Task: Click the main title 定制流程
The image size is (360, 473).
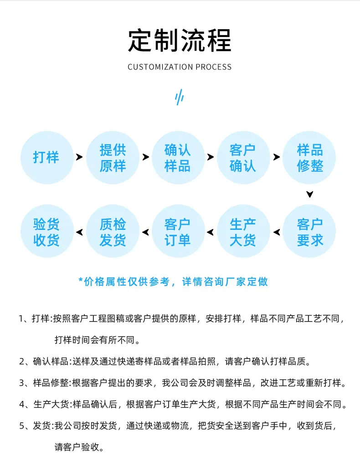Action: coord(180,41)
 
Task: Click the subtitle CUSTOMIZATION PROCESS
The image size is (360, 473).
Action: coord(180,67)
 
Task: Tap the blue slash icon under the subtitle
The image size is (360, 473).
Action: coord(180,97)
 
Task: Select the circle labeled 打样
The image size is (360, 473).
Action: coord(47,157)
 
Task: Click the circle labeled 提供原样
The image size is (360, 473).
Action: coord(113,157)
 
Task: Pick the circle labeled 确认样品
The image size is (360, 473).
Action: coord(178,157)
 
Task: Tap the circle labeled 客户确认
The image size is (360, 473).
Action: coord(243,157)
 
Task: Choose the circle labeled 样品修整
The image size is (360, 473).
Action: coord(309,157)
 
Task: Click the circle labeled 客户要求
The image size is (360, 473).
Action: coord(309,231)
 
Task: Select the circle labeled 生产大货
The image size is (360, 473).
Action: coord(243,231)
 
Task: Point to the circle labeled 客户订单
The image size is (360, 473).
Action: coord(178,231)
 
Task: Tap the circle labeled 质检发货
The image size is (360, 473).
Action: coord(113,231)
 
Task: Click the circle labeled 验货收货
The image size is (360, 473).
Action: coord(47,231)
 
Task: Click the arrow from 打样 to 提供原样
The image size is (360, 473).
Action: coord(79,157)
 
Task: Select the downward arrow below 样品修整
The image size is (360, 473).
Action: coord(310,194)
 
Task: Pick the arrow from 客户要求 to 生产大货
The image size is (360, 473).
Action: coord(277,232)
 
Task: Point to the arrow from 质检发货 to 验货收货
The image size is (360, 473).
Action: coord(80,232)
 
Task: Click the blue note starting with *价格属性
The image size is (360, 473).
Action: coord(173,281)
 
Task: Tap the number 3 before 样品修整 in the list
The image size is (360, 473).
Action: coord(22,383)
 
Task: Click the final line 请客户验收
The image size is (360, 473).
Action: coord(79,447)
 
